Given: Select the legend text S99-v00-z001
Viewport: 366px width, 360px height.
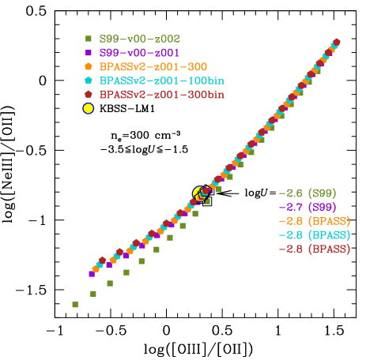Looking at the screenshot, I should (x=139, y=52).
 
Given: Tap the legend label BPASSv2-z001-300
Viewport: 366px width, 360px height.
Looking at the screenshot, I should (x=153, y=66).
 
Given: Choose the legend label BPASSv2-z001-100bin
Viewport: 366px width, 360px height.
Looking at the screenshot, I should (x=161, y=81).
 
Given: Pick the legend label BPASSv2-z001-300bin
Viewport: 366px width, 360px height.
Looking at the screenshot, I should (x=161, y=95).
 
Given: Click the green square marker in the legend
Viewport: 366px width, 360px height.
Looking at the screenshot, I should (x=89, y=38).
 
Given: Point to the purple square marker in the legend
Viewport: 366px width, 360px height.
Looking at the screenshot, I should (x=89, y=52).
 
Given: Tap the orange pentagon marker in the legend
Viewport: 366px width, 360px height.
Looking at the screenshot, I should (x=89, y=66).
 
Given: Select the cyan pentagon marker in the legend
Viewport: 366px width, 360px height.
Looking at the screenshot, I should (x=89, y=81).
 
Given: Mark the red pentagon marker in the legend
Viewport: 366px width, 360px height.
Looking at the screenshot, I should (x=89, y=95).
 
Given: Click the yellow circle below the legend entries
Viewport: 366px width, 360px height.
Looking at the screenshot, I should (x=89, y=108).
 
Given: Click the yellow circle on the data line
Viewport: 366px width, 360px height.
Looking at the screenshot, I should (x=198, y=192).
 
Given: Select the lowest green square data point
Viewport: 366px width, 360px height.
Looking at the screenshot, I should (x=75, y=304).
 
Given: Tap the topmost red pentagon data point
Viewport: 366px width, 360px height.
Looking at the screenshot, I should (x=337, y=42).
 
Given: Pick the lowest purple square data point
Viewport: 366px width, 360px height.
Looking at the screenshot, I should (x=92, y=274).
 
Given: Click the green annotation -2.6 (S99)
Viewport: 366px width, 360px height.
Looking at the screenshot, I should (x=308, y=193).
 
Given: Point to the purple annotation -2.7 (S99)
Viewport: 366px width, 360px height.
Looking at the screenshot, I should (x=308, y=207).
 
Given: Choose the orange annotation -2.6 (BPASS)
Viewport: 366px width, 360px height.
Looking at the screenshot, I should (x=314, y=221).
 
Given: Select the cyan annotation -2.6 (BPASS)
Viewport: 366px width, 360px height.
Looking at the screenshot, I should (x=314, y=235).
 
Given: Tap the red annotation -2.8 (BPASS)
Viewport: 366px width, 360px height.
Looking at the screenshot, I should (x=314, y=249).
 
